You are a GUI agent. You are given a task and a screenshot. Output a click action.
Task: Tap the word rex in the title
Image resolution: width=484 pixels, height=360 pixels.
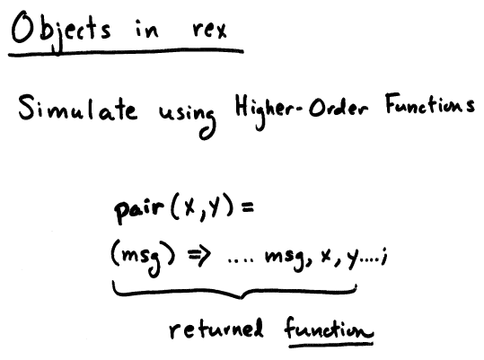(x=209, y=30)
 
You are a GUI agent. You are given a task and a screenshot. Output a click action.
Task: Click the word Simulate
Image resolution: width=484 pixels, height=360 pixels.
(x=78, y=108)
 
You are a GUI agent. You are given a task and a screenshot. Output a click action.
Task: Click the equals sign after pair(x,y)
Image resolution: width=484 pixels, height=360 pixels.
(x=248, y=207)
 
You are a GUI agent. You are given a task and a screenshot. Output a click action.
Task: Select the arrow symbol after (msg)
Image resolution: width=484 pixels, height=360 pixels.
(x=199, y=256)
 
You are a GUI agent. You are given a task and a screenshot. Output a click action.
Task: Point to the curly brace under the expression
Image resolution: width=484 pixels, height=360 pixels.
(x=235, y=293)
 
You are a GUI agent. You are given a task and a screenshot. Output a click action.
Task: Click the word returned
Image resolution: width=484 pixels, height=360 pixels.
(x=216, y=329)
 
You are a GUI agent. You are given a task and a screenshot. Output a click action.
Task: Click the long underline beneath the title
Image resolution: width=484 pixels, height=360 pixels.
(x=126, y=52)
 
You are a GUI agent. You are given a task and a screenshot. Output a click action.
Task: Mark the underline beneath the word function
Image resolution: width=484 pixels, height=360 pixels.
(x=331, y=344)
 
